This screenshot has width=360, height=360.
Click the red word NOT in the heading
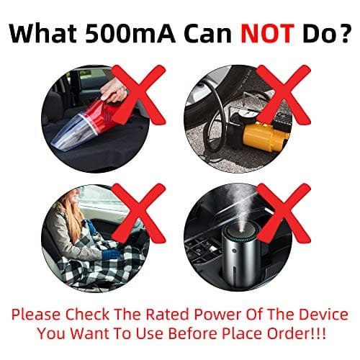coord(268,33)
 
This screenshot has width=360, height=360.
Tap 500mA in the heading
coord(130,33)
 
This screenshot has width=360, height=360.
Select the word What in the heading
coord(43,33)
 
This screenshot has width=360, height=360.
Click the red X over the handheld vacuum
coord(139,95)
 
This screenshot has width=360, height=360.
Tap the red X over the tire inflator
coord(284,95)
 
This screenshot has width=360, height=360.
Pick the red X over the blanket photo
coord(139,213)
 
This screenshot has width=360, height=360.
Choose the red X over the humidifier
coord(284,213)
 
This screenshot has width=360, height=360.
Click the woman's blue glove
coord(110,254)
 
